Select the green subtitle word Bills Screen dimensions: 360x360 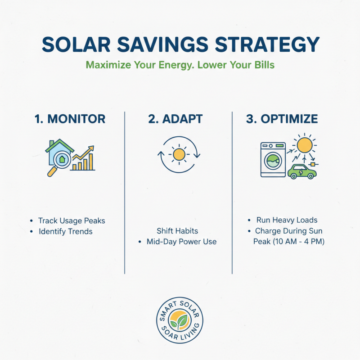tap(263, 65)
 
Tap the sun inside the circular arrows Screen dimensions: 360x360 tap(179, 154)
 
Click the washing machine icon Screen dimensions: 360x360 tap(273, 160)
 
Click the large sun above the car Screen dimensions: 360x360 tap(305, 145)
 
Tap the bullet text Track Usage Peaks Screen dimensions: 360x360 tap(72, 221)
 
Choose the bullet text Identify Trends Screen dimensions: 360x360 tap(65, 232)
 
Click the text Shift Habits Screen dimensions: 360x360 tap(177, 231)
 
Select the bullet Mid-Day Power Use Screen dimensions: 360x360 tap(181, 242)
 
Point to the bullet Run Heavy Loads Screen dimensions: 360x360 tap(287, 220)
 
